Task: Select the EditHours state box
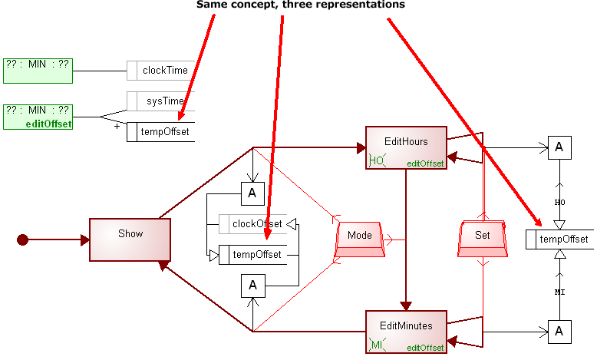click(x=406, y=147)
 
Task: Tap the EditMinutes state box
click(x=406, y=332)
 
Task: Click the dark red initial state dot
click(x=23, y=240)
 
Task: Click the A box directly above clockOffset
click(x=252, y=193)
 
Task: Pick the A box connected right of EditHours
click(x=559, y=147)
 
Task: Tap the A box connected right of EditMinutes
click(x=559, y=332)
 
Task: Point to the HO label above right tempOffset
click(x=559, y=201)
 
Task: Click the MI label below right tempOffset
click(x=559, y=292)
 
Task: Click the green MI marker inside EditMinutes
click(x=378, y=344)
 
